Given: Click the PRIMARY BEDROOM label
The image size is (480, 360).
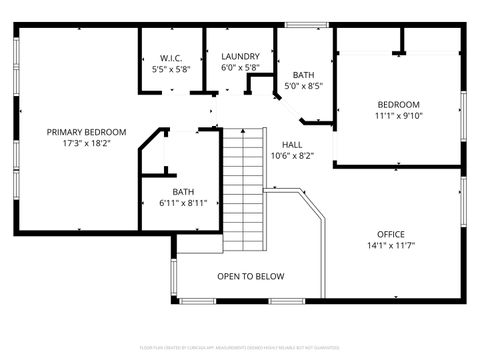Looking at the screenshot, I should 87,132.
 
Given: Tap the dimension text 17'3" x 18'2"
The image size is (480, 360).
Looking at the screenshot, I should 87,144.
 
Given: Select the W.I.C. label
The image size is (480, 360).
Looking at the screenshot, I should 171,58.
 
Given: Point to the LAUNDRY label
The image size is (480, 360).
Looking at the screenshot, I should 240,57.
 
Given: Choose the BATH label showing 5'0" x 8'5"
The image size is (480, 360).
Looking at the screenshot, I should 303,75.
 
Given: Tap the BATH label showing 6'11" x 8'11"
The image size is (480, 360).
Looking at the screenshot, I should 183,192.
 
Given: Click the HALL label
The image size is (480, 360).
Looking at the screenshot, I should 292,144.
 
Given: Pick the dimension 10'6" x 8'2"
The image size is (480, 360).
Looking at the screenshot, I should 292,156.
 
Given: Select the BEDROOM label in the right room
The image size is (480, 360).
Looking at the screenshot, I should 398,104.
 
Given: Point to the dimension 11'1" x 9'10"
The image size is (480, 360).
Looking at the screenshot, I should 398,116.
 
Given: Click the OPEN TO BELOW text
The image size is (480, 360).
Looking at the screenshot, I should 250,276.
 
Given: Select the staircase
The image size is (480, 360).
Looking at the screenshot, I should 243,190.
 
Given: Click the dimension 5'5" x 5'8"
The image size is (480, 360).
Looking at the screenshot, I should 171,70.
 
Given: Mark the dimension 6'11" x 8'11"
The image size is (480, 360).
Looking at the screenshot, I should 183,204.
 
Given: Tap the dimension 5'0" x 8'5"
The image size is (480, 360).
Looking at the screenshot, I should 303,87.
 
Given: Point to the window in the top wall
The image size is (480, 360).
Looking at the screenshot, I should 300,24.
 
